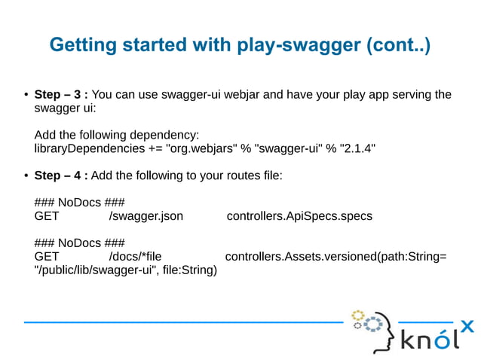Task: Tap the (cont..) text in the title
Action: [x=397, y=45]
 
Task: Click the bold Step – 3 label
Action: [x=61, y=95]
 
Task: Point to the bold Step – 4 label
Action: [x=61, y=175]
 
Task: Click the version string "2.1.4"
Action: [x=357, y=148]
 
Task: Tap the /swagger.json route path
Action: [x=146, y=216]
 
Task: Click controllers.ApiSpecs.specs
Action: [x=299, y=216]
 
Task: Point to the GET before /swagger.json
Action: [x=47, y=216]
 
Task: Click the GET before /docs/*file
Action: [x=47, y=257]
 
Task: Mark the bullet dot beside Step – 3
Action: [x=26, y=96]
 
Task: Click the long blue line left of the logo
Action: [x=181, y=322]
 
